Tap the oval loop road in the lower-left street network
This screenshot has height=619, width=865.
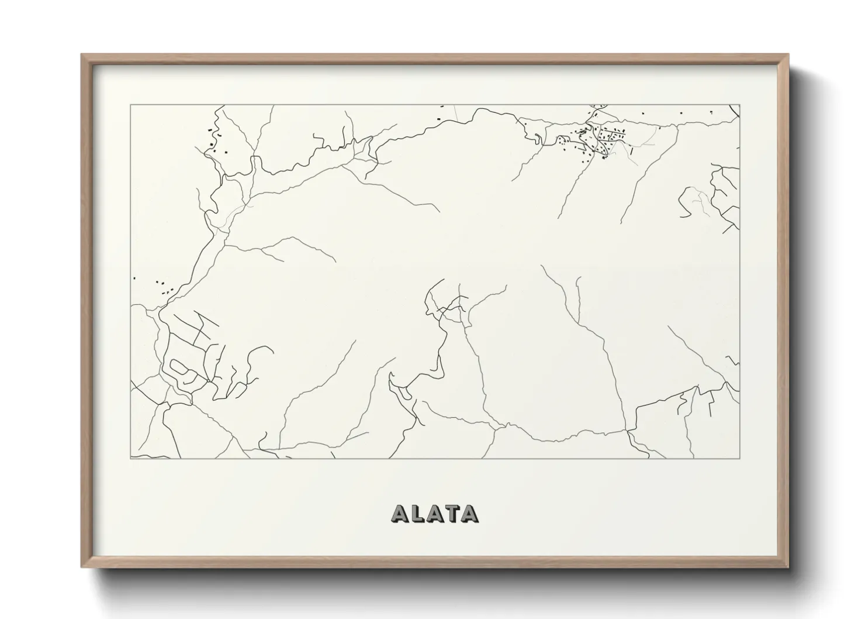(x=179, y=368)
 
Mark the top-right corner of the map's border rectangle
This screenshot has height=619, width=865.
(x=740, y=105)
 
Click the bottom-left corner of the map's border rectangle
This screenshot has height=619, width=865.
(x=130, y=458)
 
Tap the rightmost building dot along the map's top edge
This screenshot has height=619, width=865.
(x=711, y=112)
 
